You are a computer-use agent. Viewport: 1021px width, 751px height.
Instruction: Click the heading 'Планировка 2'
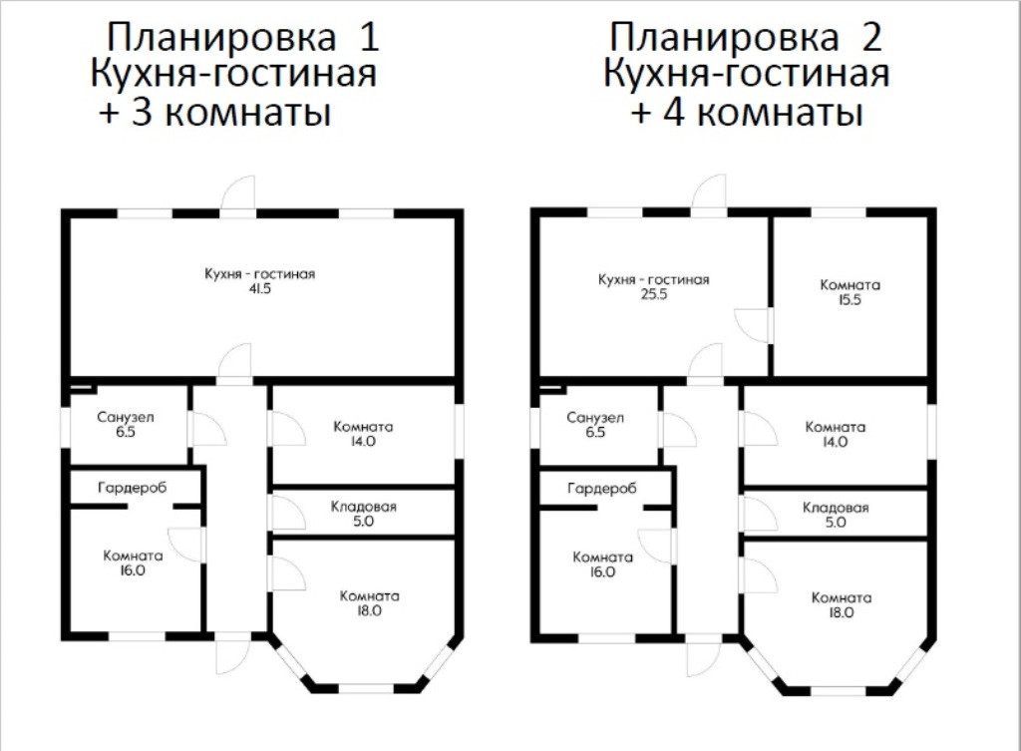pyautogui.click(x=745, y=38)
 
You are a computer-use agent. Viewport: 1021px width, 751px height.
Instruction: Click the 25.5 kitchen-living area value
pyautogui.click(x=653, y=295)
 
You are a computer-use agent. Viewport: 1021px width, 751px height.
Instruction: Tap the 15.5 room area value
pyautogui.click(x=850, y=300)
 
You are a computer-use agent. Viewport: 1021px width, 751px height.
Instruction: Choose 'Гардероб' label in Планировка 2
pyautogui.click(x=601, y=489)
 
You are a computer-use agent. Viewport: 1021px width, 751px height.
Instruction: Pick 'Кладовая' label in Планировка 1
pyautogui.click(x=363, y=507)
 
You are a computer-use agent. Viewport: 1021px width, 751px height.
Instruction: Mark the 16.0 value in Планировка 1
pyautogui.click(x=133, y=571)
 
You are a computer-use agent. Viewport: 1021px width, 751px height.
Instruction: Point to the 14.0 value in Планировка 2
pyautogui.click(x=835, y=442)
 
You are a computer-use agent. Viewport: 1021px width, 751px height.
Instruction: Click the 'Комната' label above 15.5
pyautogui.click(x=850, y=285)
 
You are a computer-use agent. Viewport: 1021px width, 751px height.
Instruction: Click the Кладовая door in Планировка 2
pyautogui.click(x=758, y=514)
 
